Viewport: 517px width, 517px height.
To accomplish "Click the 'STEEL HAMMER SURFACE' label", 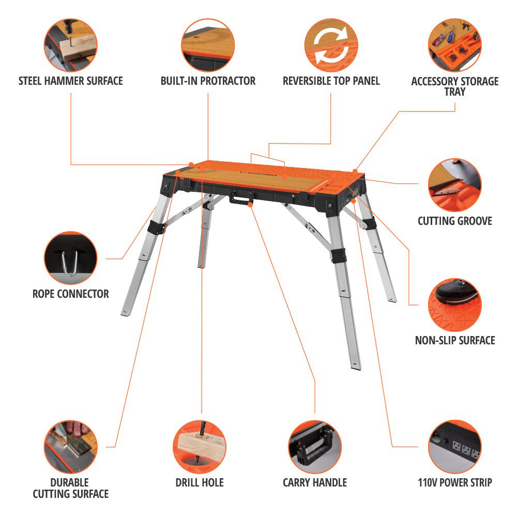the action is [x=70, y=81].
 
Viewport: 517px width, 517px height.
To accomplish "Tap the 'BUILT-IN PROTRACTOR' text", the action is [x=208, y=81].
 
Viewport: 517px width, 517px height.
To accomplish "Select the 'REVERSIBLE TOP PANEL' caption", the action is [x=331, y=81].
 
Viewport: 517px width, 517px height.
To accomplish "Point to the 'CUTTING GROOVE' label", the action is [x=454, y=221].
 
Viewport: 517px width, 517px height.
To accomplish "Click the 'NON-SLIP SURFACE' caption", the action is [x=455, y=340].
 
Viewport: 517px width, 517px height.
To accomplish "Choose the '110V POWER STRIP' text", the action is [x=455, y=482].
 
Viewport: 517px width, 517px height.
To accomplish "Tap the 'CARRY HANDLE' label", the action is [x=315, y=482].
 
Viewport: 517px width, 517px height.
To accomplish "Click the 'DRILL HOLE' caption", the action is [x=200, y=482].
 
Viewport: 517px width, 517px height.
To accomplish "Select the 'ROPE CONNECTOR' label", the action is [x=70, y=294].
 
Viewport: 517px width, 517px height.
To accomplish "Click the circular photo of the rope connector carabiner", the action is [x=70, y=258].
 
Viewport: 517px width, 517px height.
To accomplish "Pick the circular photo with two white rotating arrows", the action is [x=331, y=45].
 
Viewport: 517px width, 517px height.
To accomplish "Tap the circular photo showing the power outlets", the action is [x=455, y=447].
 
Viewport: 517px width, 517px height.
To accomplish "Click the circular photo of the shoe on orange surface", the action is [x=455, y=305].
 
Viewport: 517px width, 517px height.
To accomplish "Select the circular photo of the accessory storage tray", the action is [x=455, y=45].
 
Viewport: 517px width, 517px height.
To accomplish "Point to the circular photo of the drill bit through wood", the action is [x=200, y=447].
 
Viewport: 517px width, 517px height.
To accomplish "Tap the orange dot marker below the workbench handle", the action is [x=250, y=205].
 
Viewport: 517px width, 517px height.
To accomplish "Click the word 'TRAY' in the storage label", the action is [x=455, y=92].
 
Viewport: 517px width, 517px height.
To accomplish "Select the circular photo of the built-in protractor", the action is [x=208, y=45].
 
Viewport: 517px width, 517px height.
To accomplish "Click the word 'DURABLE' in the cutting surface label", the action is [x=70, y=482].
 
